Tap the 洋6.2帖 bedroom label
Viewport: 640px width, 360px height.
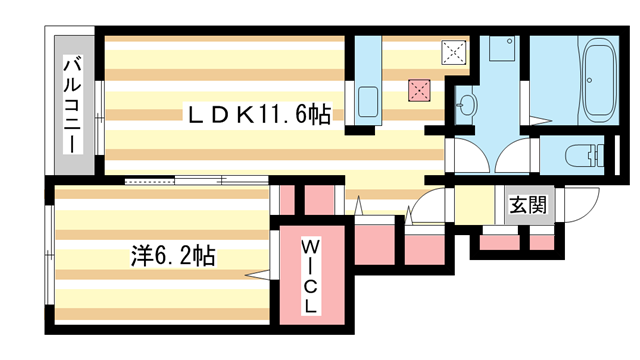click(x=172, y=254)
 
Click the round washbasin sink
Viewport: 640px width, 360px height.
click(x=467, y=104)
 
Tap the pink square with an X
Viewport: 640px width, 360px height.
click(x=417, y=89)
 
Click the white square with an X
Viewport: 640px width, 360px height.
click(x=454, y=50)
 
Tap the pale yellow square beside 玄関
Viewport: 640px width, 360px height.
click(x=470, y=207)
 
